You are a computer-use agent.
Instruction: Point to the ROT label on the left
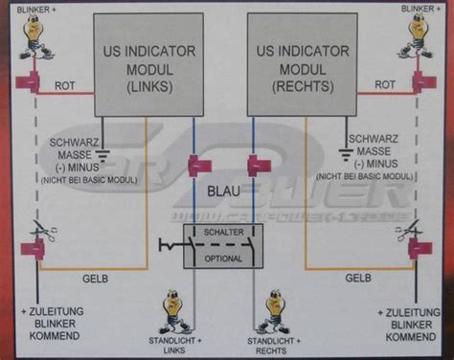[66, 85]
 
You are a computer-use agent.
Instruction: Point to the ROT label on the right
[385, 85]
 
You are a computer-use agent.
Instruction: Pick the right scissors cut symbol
[414, 231]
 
